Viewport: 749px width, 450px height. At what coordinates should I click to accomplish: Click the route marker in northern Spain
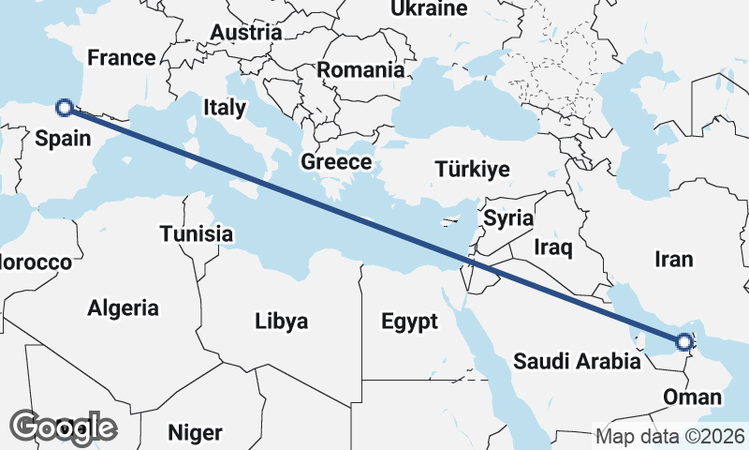pos(65,107)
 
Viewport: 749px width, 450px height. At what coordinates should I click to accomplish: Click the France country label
pos(121,58)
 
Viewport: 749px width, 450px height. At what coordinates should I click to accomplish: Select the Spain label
pos(63,139)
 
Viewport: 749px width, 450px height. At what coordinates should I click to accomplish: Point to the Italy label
pos(224,108)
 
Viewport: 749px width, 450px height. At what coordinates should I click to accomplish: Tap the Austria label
pos(246,33)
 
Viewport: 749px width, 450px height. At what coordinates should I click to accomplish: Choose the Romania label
pos(360,69)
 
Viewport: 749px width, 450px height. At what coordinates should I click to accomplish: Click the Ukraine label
pos(429,9)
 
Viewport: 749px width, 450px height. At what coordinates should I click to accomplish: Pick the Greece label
pos(336,162)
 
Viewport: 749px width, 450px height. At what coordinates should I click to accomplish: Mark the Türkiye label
pos(472,170)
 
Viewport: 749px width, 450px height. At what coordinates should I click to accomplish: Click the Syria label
pos(508,218)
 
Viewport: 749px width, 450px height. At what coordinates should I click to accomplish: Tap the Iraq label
pos(552,247)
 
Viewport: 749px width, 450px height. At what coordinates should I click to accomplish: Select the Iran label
pos(674,259)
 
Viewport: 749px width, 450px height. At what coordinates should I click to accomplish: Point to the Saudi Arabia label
pos(577,361)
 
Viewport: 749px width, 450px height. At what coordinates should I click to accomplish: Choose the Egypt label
pos(409,322)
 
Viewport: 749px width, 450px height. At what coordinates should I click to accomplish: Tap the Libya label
pos(281,322)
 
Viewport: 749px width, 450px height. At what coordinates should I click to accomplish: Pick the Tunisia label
pos(196,234)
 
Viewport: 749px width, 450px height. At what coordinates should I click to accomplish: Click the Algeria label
pos(123,307)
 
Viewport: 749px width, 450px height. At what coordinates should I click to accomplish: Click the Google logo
pos(64,427)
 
